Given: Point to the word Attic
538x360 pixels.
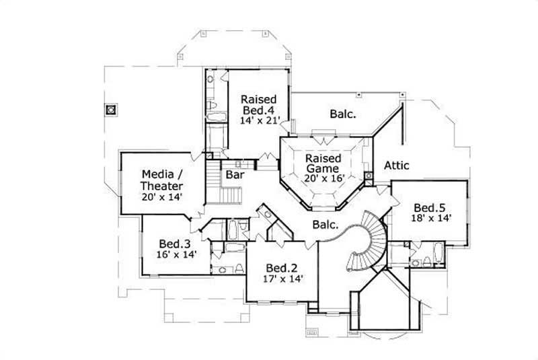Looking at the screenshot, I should coord(397,165).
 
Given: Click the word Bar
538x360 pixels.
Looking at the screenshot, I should coord(234,174).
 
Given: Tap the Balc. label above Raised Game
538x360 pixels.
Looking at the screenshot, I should coord(342,114).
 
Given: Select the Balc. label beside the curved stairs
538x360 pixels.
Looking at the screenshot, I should coord(323,225).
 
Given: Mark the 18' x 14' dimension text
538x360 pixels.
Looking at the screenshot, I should coord(431,218).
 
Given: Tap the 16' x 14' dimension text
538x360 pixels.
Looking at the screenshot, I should coord(177,254).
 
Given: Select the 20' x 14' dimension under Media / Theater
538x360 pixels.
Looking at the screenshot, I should coord(162,197).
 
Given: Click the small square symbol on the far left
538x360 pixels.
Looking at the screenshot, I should coord(111,109).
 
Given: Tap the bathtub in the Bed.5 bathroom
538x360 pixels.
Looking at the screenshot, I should coord(433,255).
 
